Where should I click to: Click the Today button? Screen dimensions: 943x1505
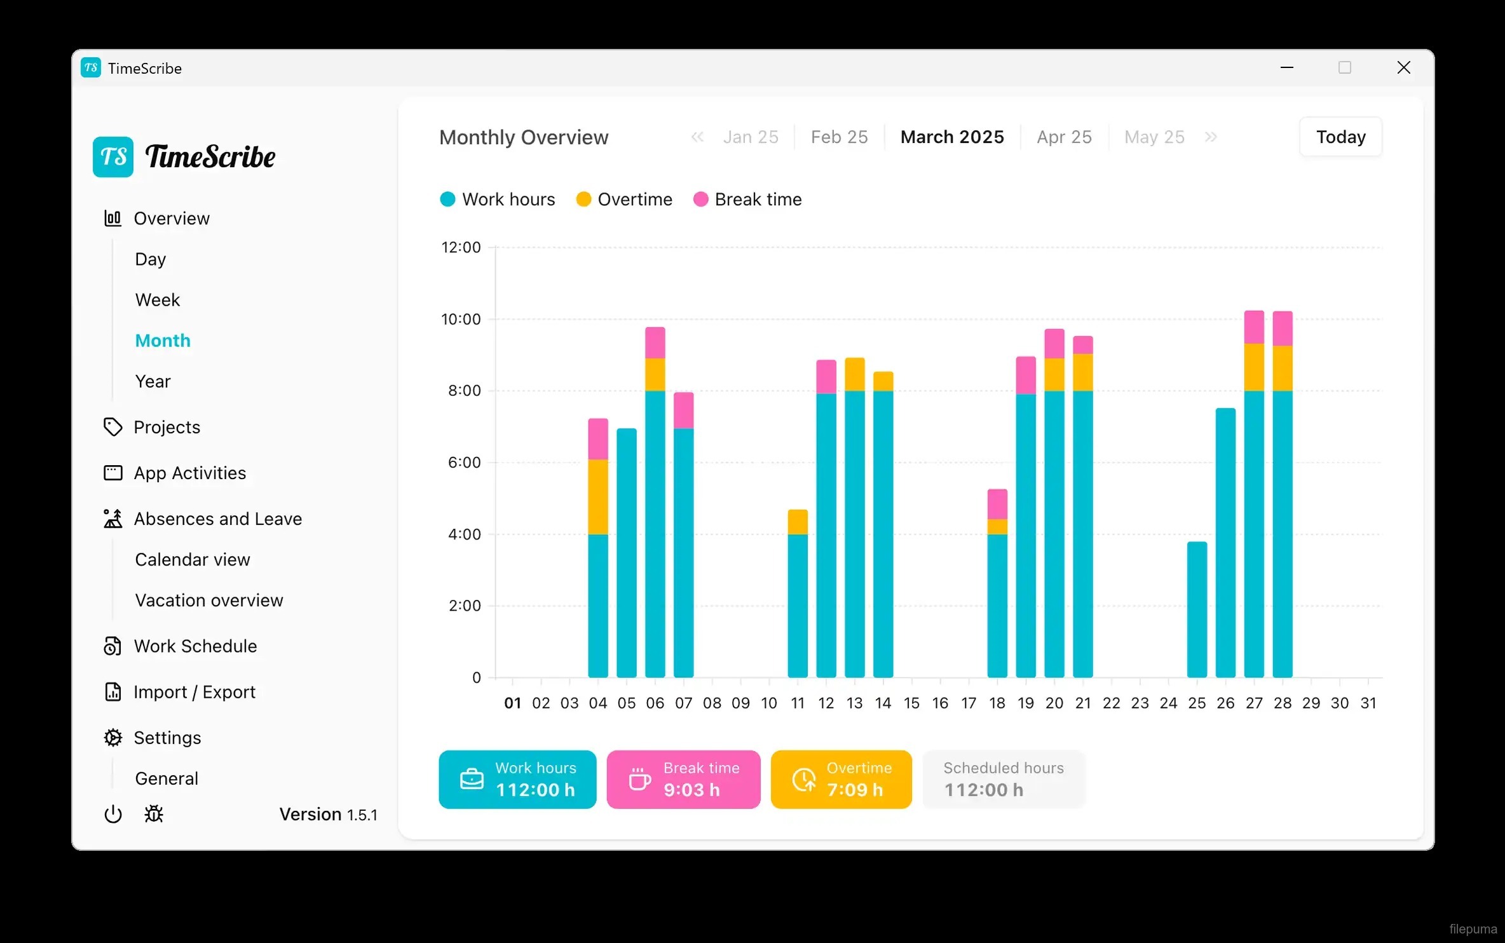1340,137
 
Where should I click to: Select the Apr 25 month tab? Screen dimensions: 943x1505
1064,137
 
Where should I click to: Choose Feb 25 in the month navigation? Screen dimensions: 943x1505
839,137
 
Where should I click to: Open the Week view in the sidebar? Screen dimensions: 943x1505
158,300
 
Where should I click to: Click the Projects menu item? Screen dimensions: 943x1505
167,427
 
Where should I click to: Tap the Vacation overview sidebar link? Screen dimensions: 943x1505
208,600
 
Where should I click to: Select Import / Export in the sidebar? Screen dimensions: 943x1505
194,691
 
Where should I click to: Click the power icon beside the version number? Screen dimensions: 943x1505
113,814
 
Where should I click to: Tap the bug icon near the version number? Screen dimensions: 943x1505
154,814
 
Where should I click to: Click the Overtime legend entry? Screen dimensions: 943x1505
634,200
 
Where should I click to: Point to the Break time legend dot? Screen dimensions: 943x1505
700,200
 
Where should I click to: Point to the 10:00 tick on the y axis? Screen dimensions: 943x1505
461,319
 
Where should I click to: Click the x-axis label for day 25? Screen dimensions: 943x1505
1197,703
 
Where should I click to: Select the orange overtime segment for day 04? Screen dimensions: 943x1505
598,496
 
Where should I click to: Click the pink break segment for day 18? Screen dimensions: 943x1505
997,504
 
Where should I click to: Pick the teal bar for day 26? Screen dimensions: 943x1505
1225,543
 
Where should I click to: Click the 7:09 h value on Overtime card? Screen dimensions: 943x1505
855,790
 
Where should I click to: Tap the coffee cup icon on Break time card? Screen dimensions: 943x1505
639,779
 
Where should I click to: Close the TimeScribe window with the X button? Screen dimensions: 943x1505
1404,67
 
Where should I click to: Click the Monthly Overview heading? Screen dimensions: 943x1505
524,137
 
